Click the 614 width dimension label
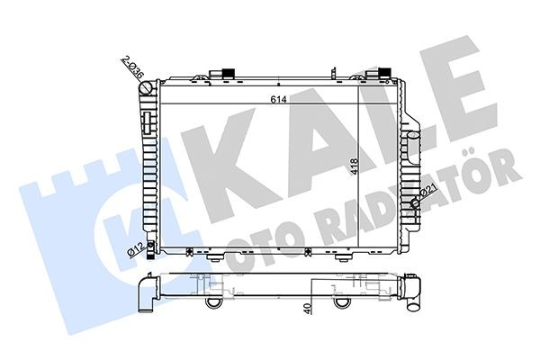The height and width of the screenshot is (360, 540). [275, 102]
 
